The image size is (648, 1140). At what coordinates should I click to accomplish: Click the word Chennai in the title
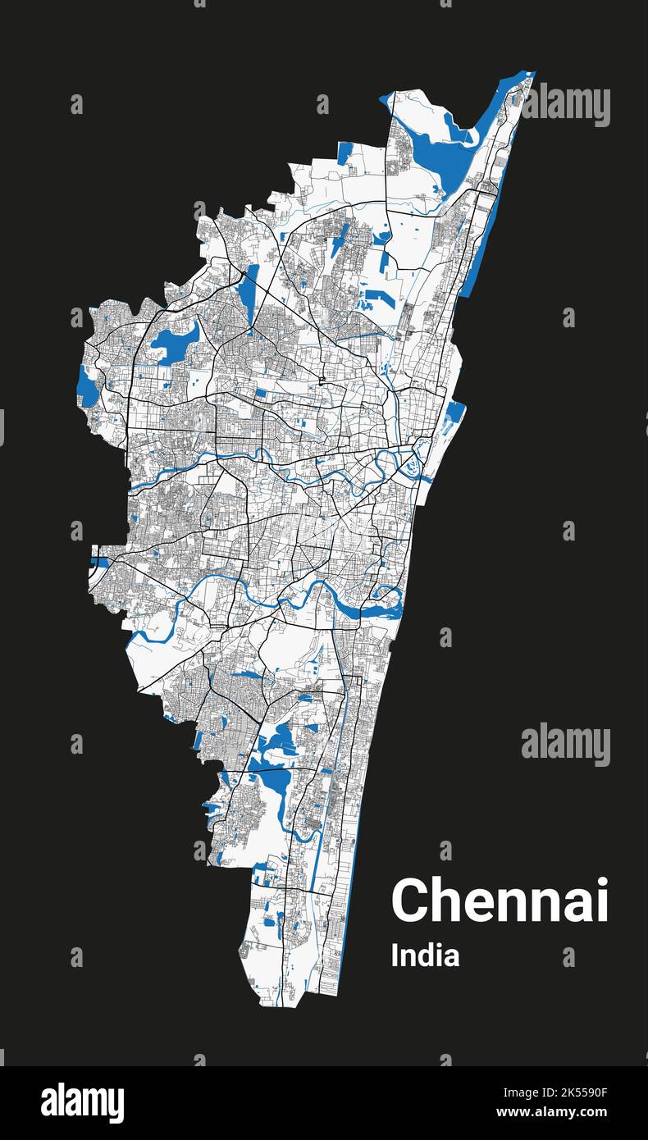tap(500, 901)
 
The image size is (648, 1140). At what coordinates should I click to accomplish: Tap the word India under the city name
tap(425, 955)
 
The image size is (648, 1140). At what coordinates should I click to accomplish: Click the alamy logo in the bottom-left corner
tap(82, 1103)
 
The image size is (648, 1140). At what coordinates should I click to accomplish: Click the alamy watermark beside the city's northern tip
tap(566, 105)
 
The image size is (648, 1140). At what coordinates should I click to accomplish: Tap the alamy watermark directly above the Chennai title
tap(566, 745)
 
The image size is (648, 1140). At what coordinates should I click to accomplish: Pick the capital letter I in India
tap(395, 955)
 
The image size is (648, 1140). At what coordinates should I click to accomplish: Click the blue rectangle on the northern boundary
tap(345, 153)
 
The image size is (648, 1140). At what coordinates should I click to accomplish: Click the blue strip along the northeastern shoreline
tap(480, 246)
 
